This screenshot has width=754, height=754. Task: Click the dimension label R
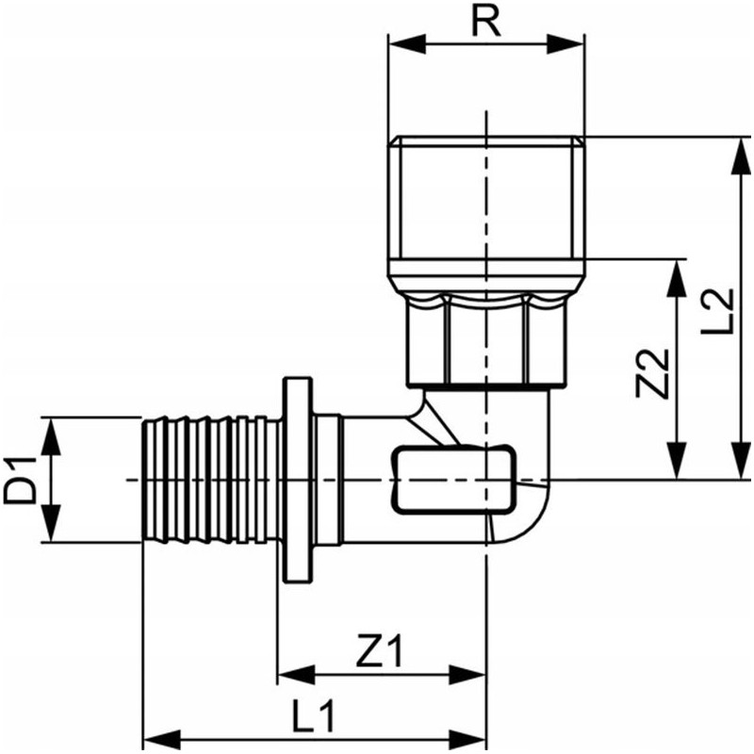485,21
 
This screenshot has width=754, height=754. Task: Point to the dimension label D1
20,480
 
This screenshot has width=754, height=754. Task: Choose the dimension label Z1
380,650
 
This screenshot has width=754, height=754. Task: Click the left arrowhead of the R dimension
407,44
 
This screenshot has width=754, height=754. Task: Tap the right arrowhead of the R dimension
565,44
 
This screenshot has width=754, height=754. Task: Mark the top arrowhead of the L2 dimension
741,156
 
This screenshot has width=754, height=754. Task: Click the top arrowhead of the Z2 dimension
677,278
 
